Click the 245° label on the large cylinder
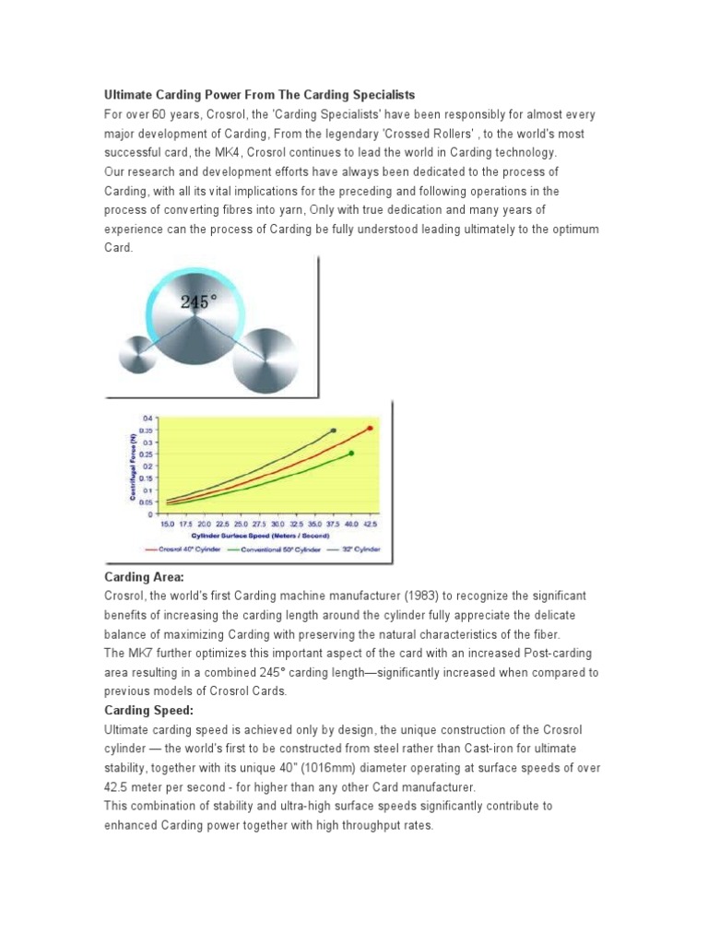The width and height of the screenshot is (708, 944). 198,301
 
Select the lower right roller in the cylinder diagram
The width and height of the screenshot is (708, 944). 265,361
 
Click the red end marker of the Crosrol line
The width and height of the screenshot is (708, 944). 370,428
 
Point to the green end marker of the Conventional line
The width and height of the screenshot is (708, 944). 351,453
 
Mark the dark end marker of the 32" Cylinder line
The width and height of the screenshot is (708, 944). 333,431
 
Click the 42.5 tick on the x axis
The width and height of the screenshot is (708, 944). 371,523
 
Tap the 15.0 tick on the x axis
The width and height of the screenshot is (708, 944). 167,523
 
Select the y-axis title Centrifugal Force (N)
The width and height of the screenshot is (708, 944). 133,467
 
